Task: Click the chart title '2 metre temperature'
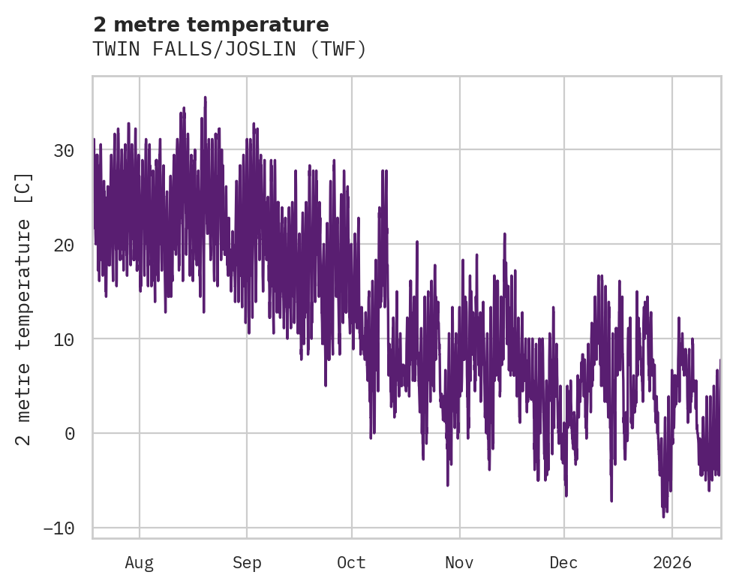click(211, 25)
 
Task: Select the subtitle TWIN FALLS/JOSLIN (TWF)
click(230, 50)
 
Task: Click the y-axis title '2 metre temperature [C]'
click(25, 309)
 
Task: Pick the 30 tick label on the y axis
click(64, 151)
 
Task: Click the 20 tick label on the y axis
click(64, 245)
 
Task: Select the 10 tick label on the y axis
click(64, 339)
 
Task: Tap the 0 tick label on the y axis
click(69, 434)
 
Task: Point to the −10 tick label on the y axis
click(59, 528)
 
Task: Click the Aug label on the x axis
click(140, 562)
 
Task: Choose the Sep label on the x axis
click(247, 562)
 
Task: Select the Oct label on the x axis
click(351, 562)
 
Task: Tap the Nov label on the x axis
click(459, 562)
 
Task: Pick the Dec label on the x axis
click(563, 562)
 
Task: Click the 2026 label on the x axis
click(672, 562)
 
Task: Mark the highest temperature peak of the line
click(205, 98)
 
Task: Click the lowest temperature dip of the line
click(663, 516)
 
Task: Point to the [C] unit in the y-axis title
click(25, 188)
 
